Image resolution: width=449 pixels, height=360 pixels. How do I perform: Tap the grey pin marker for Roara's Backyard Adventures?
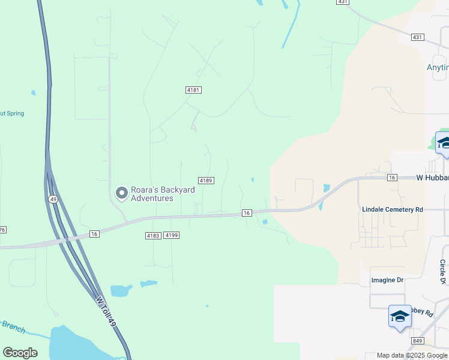pyautogui.click(x=121, y=193)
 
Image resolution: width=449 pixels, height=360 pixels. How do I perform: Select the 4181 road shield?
pyautogui.click(x=193, y=90)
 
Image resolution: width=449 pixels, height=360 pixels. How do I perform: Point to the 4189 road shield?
pyautogui.click(x=206, y=180)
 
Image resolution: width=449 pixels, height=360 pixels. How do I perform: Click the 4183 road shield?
pyautogui.click(x=152, y=236)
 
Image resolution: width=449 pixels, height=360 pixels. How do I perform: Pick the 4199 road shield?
pyautogui.click(x=172, y=236)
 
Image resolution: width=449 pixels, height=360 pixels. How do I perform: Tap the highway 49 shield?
pyautogui.click(x=53, y=199)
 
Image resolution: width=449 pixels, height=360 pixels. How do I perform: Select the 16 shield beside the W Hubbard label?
pyautogui.click(x=392, y=178)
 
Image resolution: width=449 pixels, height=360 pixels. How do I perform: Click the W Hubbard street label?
pyautogui.click(x=432, y=178)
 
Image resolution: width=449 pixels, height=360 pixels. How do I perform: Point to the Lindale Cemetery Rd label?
pyautogui.click(x=393, y=209)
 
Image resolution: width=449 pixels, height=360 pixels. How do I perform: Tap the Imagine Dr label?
pyautogui.click(x=387, y=280)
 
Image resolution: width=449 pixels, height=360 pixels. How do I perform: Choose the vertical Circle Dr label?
pyautogui.click(x=443, y=272)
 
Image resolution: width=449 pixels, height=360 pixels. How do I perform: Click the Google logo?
pyautogui.click(x=20, y=353)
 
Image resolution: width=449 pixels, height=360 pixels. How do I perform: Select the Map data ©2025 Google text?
pyautogui.click(x=411, y=356)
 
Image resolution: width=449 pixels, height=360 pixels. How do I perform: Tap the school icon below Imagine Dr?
pyautogui.click(x=400, y=316)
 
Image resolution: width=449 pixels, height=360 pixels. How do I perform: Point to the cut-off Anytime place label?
pyautogui.click(x=438, y=67)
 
